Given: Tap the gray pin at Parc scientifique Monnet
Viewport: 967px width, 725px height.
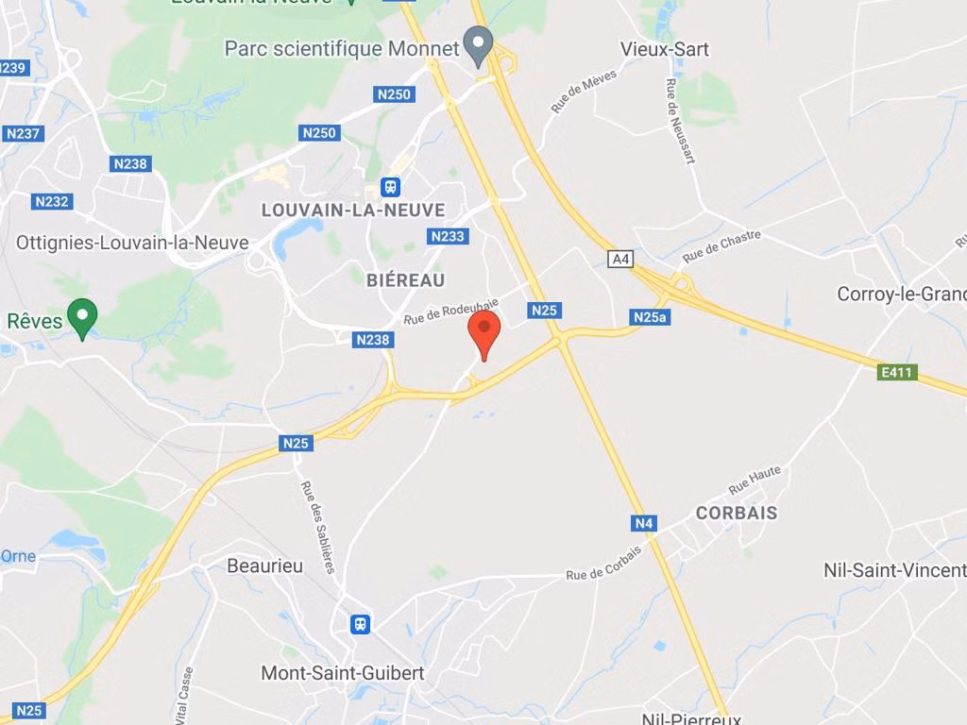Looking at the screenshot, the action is (x=480, y=44).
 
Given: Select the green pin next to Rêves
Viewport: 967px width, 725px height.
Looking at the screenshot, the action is (x=83, y=316).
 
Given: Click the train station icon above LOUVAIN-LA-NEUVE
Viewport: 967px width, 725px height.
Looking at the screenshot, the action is (x=390, y=187).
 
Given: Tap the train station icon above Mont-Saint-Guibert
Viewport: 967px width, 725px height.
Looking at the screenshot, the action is (x=360, y=624).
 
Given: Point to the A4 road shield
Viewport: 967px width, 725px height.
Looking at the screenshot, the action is (x=620, y=259).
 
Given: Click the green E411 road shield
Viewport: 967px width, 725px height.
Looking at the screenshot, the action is (x=897, y=372).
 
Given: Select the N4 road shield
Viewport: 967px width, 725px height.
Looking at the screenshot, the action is (x=643, y=523).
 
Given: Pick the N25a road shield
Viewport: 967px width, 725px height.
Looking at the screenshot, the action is (x=650, y=317).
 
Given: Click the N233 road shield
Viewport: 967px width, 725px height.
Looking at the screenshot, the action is (x=448, y=236).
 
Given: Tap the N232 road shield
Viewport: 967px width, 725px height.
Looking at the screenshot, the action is (x=51, y=201).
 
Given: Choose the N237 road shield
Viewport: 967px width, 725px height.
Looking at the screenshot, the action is (x=23, y=133).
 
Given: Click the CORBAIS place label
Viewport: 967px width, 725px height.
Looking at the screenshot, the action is (x=737, y=513).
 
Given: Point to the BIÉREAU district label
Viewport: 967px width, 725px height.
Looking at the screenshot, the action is (x=405, y=279).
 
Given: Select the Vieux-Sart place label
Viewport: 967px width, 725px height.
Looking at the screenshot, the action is (x=665, y=49).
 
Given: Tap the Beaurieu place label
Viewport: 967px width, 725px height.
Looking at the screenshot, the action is (x=265, y=565).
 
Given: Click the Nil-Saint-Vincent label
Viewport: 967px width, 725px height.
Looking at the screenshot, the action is (x=894, y=570).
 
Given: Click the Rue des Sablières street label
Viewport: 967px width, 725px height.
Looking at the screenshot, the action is (x=317, y=527).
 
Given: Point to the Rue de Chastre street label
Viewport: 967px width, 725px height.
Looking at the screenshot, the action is (x=721, y=247).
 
